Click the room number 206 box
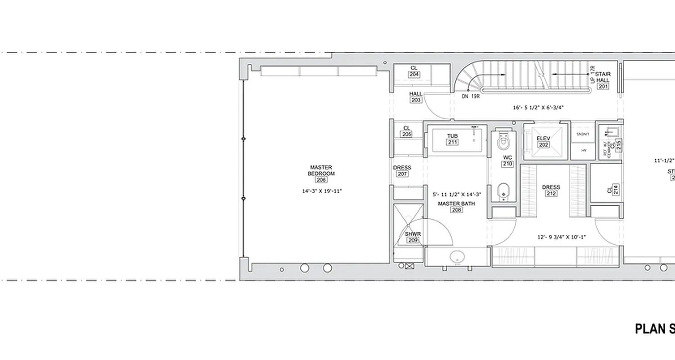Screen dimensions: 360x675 coord(321,180)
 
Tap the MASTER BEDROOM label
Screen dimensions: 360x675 coord(321,171)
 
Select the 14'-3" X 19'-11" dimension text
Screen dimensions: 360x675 coord(322,191)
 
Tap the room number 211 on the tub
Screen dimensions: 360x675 coord(452,142)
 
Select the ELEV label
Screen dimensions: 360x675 coord(543,139)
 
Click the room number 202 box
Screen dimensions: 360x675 coord(543,145)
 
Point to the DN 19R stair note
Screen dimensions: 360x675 coord(470,96)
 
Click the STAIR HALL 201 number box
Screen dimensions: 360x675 coord(603,86)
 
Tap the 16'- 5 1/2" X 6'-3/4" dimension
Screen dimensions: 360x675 coord(538,108)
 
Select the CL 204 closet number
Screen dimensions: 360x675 coord(414,74)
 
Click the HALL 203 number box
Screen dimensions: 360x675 coord(416,100)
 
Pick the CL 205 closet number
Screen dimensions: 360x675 coord(407,134)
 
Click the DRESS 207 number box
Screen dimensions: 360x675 coord(402,174)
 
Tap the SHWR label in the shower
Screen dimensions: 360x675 coord(413,234)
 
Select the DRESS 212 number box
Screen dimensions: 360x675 coord(551,193)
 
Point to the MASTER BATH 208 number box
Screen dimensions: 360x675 coord(456,210)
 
